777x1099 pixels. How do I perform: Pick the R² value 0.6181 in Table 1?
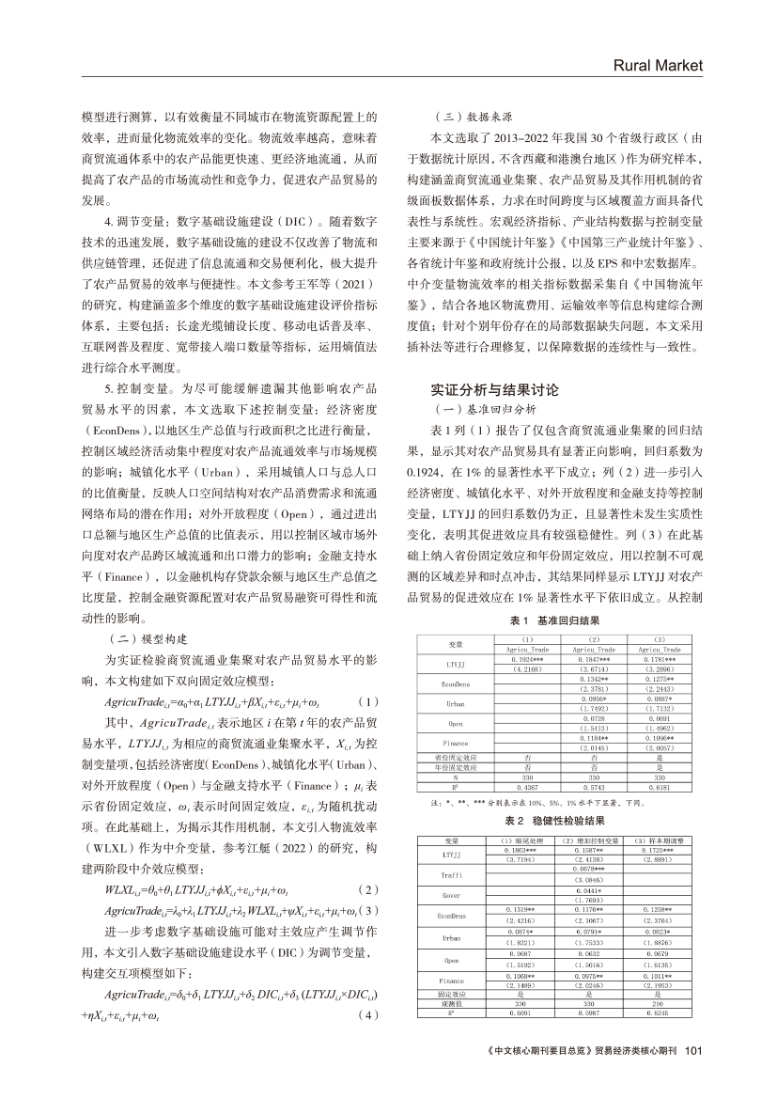659,787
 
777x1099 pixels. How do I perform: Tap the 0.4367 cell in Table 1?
521,787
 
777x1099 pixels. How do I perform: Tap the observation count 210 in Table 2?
657,1005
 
